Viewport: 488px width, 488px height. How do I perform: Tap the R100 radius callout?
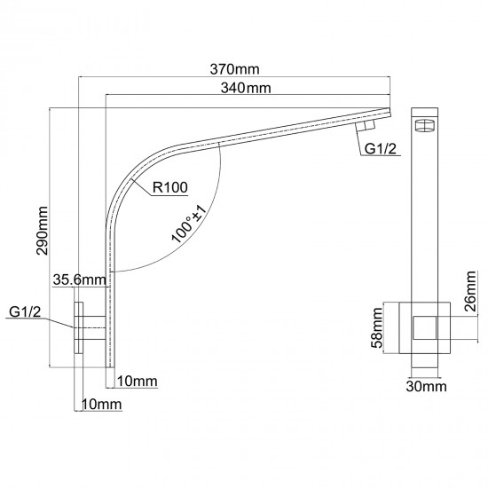[x=169, y=187]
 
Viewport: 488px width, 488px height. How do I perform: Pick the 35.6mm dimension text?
[x=80, y=279]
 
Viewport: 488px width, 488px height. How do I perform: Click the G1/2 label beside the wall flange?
[x=26, y=312]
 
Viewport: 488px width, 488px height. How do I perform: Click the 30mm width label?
[x=426, y=387]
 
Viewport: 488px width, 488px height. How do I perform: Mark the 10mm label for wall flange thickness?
[x=100, y=404]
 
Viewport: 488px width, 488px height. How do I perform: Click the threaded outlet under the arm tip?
[x=364, y=128]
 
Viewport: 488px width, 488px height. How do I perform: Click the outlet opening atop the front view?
[x=427, y=125]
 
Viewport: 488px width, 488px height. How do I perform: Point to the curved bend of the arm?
[x=133, y=173]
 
